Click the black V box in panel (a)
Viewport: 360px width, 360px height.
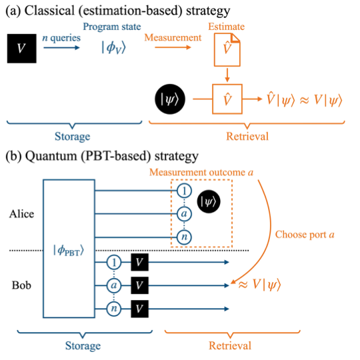point(22,49)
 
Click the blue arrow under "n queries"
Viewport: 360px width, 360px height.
point(61,48)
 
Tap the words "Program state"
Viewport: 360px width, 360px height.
point(112,27)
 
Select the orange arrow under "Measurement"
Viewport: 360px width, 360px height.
point(173,47)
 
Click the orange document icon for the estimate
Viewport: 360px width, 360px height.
point(227,50)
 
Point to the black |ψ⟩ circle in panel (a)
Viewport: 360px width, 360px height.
point(170,99)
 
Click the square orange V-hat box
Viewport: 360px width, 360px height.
point(227,99)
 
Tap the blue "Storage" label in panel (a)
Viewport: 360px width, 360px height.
point(72,137)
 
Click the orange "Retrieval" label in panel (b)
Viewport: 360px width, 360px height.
point(230,345)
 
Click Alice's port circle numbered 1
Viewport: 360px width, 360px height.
point(184,191)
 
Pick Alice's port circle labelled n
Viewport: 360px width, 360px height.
point(184,237)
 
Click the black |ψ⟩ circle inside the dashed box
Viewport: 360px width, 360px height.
point(209,201)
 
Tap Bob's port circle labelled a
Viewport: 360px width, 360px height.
point(114,285)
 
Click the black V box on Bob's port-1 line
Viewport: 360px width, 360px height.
point(139,262)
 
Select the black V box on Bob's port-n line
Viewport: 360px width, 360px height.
point(139,309)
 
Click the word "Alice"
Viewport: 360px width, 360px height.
point(21,214)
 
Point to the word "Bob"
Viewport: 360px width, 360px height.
point(21,285)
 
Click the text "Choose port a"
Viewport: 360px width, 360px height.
point(305,235)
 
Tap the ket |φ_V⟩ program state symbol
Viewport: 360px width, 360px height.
point(114,48)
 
